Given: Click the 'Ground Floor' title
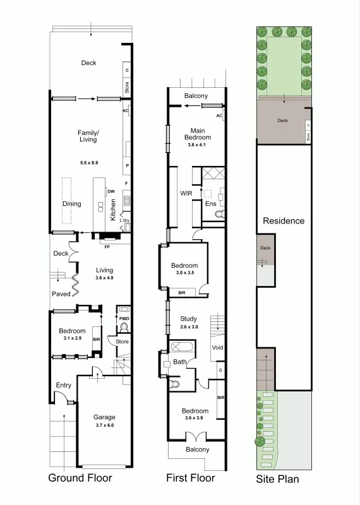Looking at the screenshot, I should tap(80, 478).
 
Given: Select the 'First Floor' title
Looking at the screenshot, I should tap(190, 478).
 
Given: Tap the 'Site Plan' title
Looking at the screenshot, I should tap(277, 479).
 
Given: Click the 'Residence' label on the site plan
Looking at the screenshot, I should tap(284, 221).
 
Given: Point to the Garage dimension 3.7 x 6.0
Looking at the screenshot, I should tap(104, 426).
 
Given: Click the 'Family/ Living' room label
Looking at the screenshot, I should tap(88, 136).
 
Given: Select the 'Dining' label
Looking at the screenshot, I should tap(72, 204).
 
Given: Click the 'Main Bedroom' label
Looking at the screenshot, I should tap(197, 134).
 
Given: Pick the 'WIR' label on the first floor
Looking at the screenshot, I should tap(186, 193).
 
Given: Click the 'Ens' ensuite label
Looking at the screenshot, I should tap(210, 204).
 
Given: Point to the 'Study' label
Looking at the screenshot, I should tap(189, 319).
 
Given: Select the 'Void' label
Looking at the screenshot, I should tap(217, 348).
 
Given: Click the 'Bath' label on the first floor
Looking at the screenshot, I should tap(179, 362).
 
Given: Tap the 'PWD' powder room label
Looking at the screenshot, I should tap(124, 319).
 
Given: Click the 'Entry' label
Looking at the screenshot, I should tap(64, 385).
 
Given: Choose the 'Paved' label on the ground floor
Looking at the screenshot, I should tap(61, 294).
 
